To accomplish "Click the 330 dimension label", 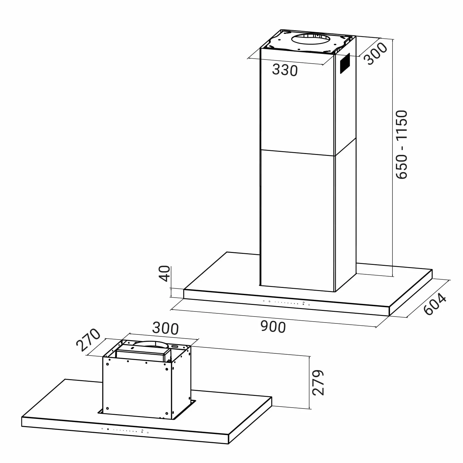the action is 285,70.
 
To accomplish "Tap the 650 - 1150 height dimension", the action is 402,144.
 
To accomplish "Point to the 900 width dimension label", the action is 273,327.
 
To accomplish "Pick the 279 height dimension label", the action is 318,383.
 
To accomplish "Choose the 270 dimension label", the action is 88,340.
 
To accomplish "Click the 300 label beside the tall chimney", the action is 375,54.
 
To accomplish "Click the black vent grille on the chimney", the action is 345,63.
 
